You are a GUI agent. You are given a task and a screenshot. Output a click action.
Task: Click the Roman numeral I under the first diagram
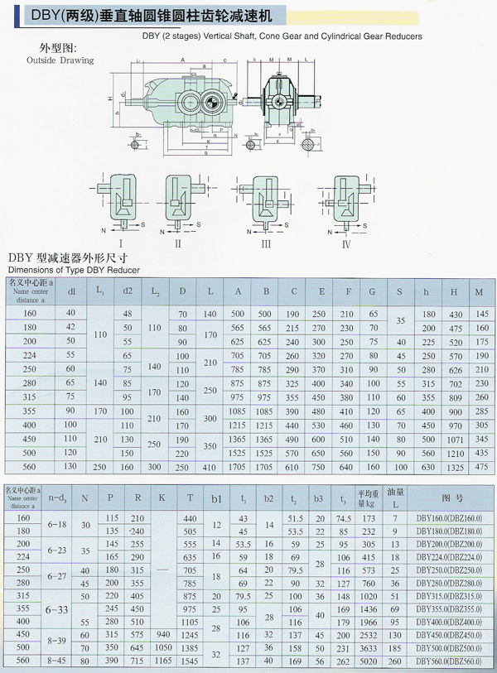[x=122, y=245]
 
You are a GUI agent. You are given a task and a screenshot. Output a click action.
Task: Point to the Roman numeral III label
[x=266, y=245]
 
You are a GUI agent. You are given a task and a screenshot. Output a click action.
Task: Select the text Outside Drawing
[x=60, y=60]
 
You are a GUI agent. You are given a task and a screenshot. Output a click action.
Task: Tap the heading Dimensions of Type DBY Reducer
[x=73, y=270]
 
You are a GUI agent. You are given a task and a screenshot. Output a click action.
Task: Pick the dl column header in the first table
[x=71, y=291]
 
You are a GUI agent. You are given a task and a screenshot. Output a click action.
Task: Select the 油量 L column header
[x=395, y=497]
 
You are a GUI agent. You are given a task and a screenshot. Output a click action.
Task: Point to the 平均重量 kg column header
[x=367, y=497]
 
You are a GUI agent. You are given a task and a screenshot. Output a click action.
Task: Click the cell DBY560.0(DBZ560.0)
[x=446, y=661]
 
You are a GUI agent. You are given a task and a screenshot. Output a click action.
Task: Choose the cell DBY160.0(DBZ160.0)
[x=446, y=517]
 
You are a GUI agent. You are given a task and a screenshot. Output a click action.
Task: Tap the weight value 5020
[x=368, y=661]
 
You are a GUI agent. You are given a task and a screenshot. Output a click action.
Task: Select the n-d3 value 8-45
[x=58, y=661]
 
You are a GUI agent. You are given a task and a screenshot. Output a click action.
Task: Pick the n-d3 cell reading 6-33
[x=58, y=609]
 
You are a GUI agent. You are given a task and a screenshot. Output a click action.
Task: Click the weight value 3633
[x=368, y=647]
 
